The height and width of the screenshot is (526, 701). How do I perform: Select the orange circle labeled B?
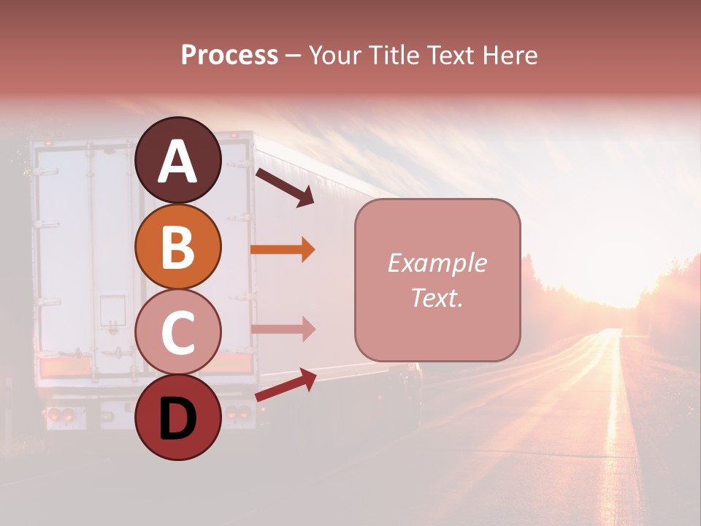[177, 246]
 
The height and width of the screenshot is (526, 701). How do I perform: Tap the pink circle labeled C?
[177, 332]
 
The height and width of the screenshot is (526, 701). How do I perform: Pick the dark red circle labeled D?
[177, 417]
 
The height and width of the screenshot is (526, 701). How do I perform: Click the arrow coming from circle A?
[285, 188]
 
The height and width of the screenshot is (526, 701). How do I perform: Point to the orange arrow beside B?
[283, 250]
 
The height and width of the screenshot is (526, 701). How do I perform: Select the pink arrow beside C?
[283, 329]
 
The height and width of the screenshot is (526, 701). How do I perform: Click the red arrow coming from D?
[286, 385]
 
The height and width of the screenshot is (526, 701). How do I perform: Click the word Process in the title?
[229, 55]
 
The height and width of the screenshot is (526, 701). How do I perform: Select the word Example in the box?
[437, 263]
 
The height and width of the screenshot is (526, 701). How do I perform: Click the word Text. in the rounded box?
[437, 297]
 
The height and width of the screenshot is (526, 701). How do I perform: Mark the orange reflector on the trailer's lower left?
[66, 366]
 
